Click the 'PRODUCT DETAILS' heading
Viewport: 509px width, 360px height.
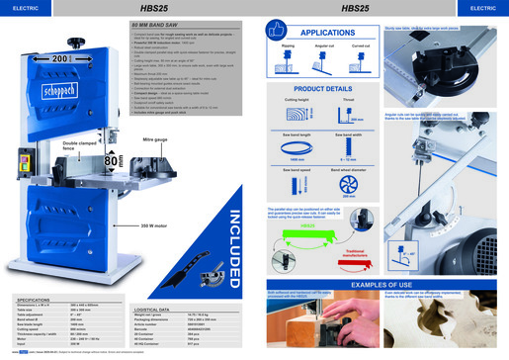(324, 88)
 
